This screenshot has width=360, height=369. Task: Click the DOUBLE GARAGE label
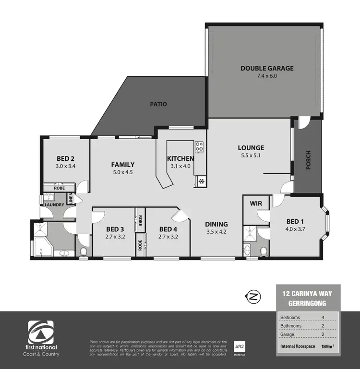[x=267, y=68]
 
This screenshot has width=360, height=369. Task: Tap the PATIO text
[x=158, y=104]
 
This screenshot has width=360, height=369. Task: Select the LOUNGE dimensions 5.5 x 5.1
[x=251, y=155]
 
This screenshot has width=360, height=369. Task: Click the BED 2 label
[x=65, y=159]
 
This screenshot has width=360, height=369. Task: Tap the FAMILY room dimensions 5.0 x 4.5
[x=122, y=172]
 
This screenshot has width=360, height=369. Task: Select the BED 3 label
[x=115, y=229]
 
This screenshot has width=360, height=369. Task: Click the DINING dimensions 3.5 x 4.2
[x=216, y=232]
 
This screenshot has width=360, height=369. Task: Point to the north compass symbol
[x=253, y=298]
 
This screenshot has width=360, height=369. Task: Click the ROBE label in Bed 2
[x=59, y=188]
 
